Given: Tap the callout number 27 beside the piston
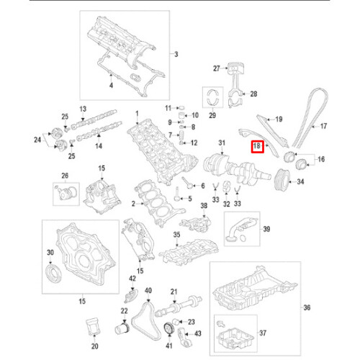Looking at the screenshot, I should click(215, 68).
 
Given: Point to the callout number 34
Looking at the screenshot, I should click(301, 181).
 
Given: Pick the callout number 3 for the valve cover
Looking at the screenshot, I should click(174, 55).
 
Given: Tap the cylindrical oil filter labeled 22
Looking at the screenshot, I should click(122, 333).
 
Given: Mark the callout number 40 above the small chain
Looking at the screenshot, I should click(148, 290).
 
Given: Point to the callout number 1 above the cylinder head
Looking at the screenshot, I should click(137, 114).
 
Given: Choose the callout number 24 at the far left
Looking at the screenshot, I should click(38, 140).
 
